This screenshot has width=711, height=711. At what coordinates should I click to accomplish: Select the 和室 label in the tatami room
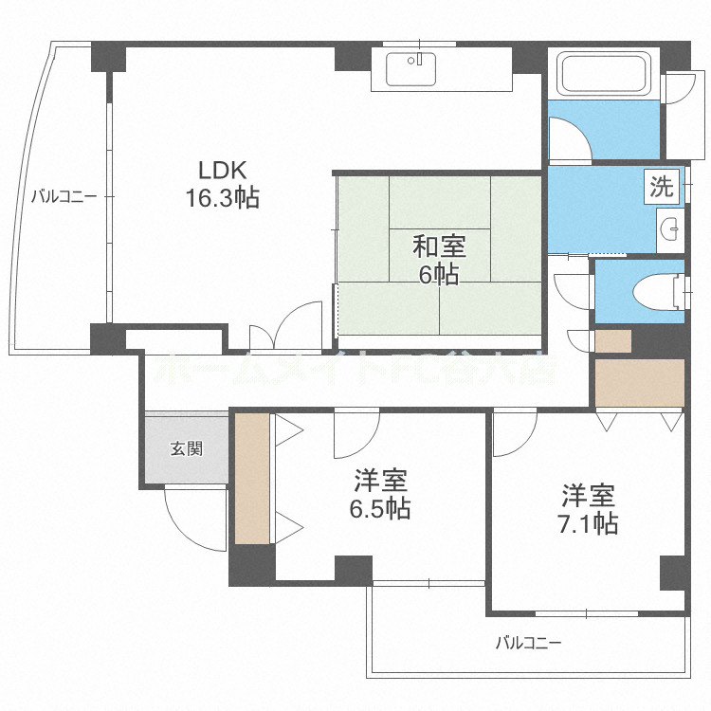click(438, 247)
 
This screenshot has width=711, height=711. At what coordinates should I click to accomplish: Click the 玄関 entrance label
click(186, 448)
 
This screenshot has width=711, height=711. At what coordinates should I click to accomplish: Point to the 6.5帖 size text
click(378, 508)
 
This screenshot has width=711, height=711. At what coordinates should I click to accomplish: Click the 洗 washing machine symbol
click(663, 187)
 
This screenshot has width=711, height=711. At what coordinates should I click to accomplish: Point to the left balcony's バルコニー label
click(64, 197)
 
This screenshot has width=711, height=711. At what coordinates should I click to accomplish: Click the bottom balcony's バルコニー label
click(529, 643)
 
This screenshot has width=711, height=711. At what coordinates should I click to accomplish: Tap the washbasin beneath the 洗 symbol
click(671, 228)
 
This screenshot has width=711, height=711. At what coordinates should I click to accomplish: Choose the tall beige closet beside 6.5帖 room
click(252, 477)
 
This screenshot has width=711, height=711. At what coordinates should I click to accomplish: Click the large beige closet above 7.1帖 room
click(639, 382)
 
